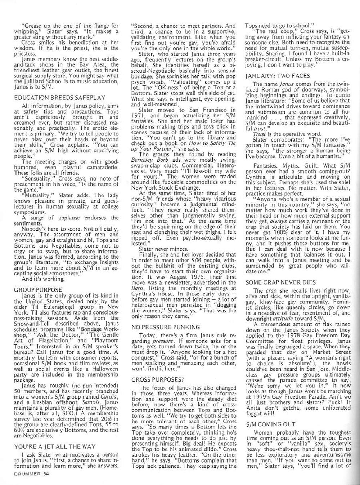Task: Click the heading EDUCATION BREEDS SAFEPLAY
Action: point(60,97)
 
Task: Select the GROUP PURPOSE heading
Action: point(38,289)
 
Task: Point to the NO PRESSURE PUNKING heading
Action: point(166,327)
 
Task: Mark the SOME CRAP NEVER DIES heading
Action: point(281,282)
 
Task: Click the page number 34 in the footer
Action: point(45,474)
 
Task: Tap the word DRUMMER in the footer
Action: point(27,474)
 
